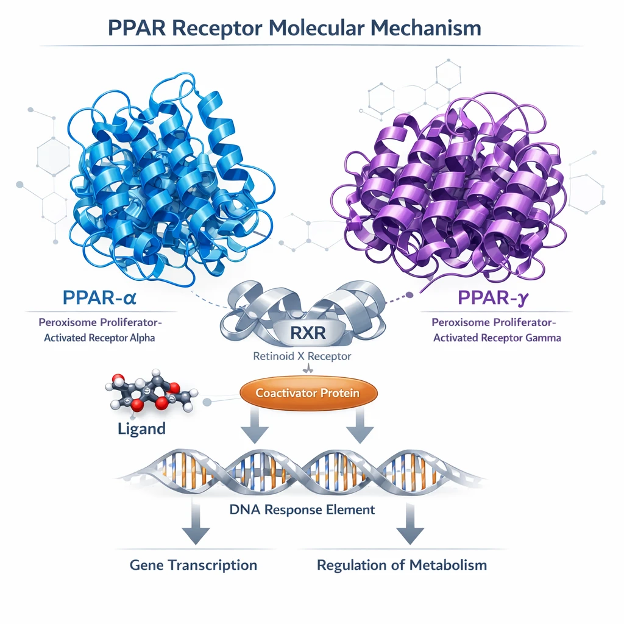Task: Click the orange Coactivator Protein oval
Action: (x=308, y=393)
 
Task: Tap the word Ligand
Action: (x=141, y=428)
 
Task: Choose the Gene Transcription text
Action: (x=193, y=565)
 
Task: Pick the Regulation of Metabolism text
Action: (x=402, y=565)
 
